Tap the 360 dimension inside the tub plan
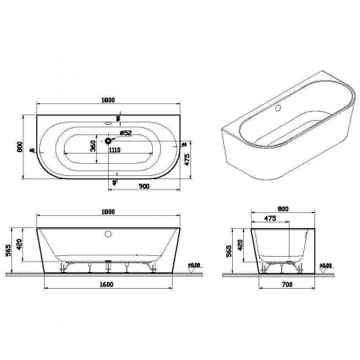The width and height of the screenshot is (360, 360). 94,145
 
